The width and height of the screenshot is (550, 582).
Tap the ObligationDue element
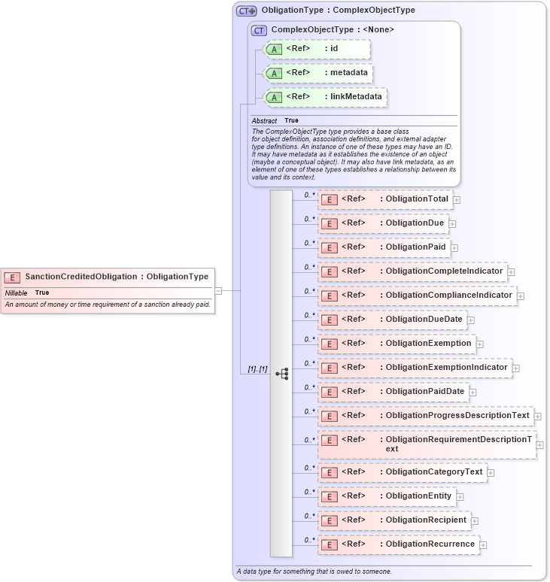(384, 223)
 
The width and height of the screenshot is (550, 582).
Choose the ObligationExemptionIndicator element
(415, 368)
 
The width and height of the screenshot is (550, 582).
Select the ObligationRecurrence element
(399, 544)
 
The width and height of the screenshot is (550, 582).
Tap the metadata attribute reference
(317, 73)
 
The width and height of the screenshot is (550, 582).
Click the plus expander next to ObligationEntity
(460, 497)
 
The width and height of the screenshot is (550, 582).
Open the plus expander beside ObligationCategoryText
(491, 473)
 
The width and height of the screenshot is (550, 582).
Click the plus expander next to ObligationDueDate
(471, 320)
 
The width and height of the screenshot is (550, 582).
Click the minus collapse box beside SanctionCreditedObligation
(218, 290)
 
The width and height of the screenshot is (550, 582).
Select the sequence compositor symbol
(282, 374)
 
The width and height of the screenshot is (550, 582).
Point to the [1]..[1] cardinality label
(257, 368)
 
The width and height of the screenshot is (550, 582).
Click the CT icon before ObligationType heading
(246, 11)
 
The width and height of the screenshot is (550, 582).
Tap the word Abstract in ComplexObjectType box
(264, 120)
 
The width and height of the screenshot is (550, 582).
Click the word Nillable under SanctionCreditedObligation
(16, 293)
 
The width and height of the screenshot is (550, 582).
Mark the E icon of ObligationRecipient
(328, 520)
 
